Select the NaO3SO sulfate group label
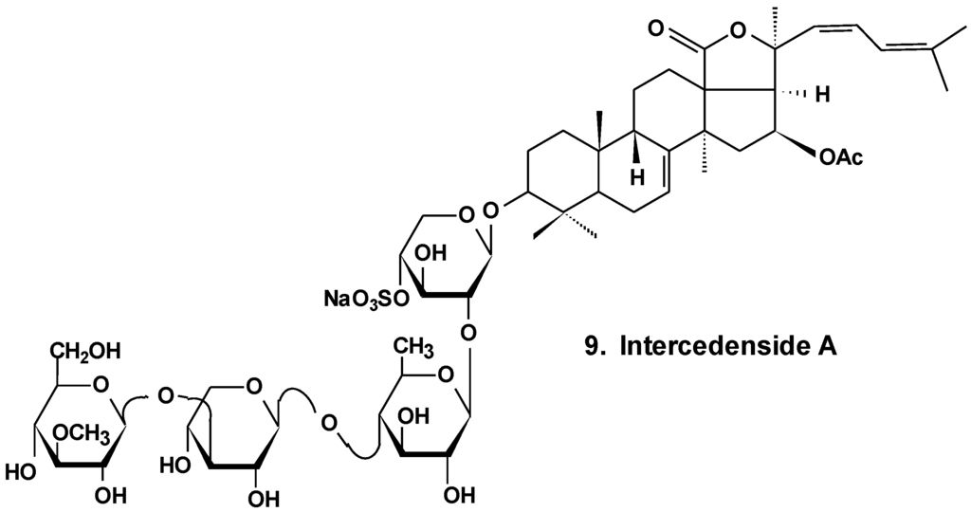(363, 300)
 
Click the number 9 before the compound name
(592, 348)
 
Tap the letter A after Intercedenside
(829, 348)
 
